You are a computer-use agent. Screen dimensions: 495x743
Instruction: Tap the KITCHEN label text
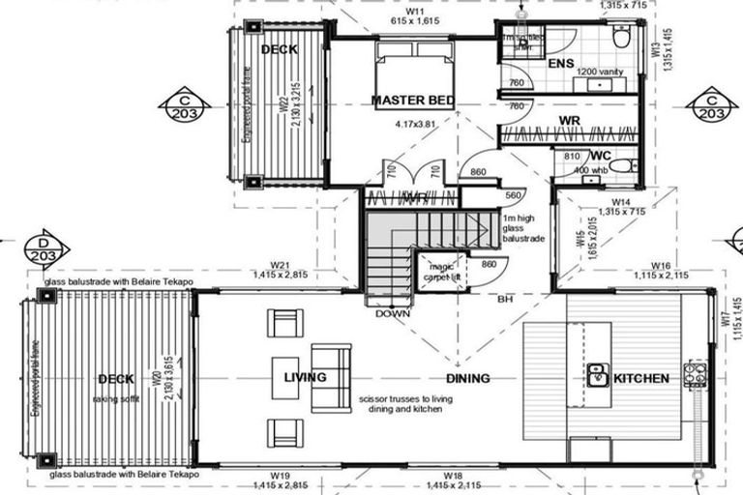click(x=640, y=378)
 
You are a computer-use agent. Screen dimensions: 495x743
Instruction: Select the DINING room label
click(x=467, y=378)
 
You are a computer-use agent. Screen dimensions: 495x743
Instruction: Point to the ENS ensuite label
click(x=561, y=64)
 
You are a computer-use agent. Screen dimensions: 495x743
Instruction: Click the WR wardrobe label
click(x=569, y=121)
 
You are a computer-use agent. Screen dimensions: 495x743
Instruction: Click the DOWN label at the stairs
click(x=394, y=313)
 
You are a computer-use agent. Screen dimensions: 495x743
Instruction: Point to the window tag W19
click(x=281, y=477)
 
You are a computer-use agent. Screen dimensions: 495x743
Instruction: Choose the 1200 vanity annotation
click(x=600, y=72)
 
